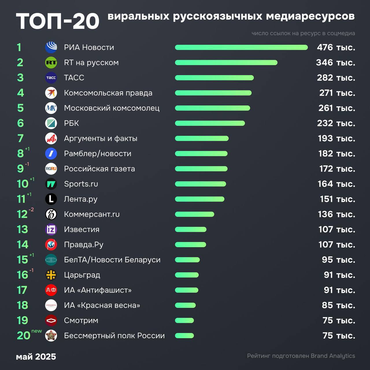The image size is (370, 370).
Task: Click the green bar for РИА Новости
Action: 241,47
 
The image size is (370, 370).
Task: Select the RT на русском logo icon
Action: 51,62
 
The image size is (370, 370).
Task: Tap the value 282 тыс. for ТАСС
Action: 336,78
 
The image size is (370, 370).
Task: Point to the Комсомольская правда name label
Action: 108,93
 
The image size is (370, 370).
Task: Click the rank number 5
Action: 20,108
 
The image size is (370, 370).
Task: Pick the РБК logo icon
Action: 51,123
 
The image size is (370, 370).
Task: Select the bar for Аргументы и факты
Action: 202,138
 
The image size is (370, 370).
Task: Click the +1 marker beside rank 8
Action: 27,149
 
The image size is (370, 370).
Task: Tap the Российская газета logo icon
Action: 51,169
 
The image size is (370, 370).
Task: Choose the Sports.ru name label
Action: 81,184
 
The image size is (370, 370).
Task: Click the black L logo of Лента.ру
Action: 51,199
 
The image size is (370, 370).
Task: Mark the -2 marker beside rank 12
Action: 31,210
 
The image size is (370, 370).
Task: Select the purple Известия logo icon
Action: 51,229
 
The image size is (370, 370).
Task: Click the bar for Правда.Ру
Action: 190,245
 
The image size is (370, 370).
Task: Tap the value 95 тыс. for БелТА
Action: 338,260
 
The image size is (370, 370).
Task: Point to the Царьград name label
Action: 82,275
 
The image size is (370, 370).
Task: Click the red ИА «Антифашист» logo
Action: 51,290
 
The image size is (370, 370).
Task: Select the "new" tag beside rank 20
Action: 37,331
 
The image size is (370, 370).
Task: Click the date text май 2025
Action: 36,357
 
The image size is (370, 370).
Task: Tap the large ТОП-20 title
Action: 58,21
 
